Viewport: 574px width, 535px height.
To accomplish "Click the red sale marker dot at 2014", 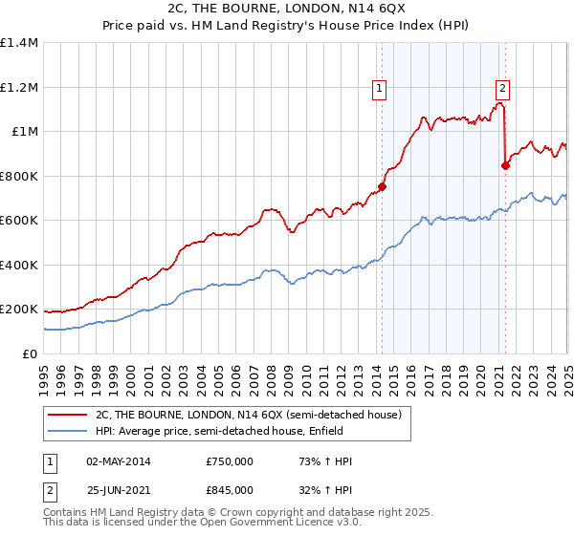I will pyautogui.click(x=382, y=187).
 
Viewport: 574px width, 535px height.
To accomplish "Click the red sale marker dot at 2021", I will pyautogui.click(x=506, y=165).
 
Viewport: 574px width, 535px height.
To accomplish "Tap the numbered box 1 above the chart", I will pyautogui.click(x=380, y=89).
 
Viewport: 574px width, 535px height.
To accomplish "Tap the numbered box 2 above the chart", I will pyautogui.click(x=502, y=89).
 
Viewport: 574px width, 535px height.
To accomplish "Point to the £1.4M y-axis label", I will pyautogui.click(x=20, y=43).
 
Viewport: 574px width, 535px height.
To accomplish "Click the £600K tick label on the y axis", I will pyautogui.click(x=20, y=221).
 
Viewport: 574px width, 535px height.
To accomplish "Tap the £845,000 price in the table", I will pyautogui.click(x=230, y=490).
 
